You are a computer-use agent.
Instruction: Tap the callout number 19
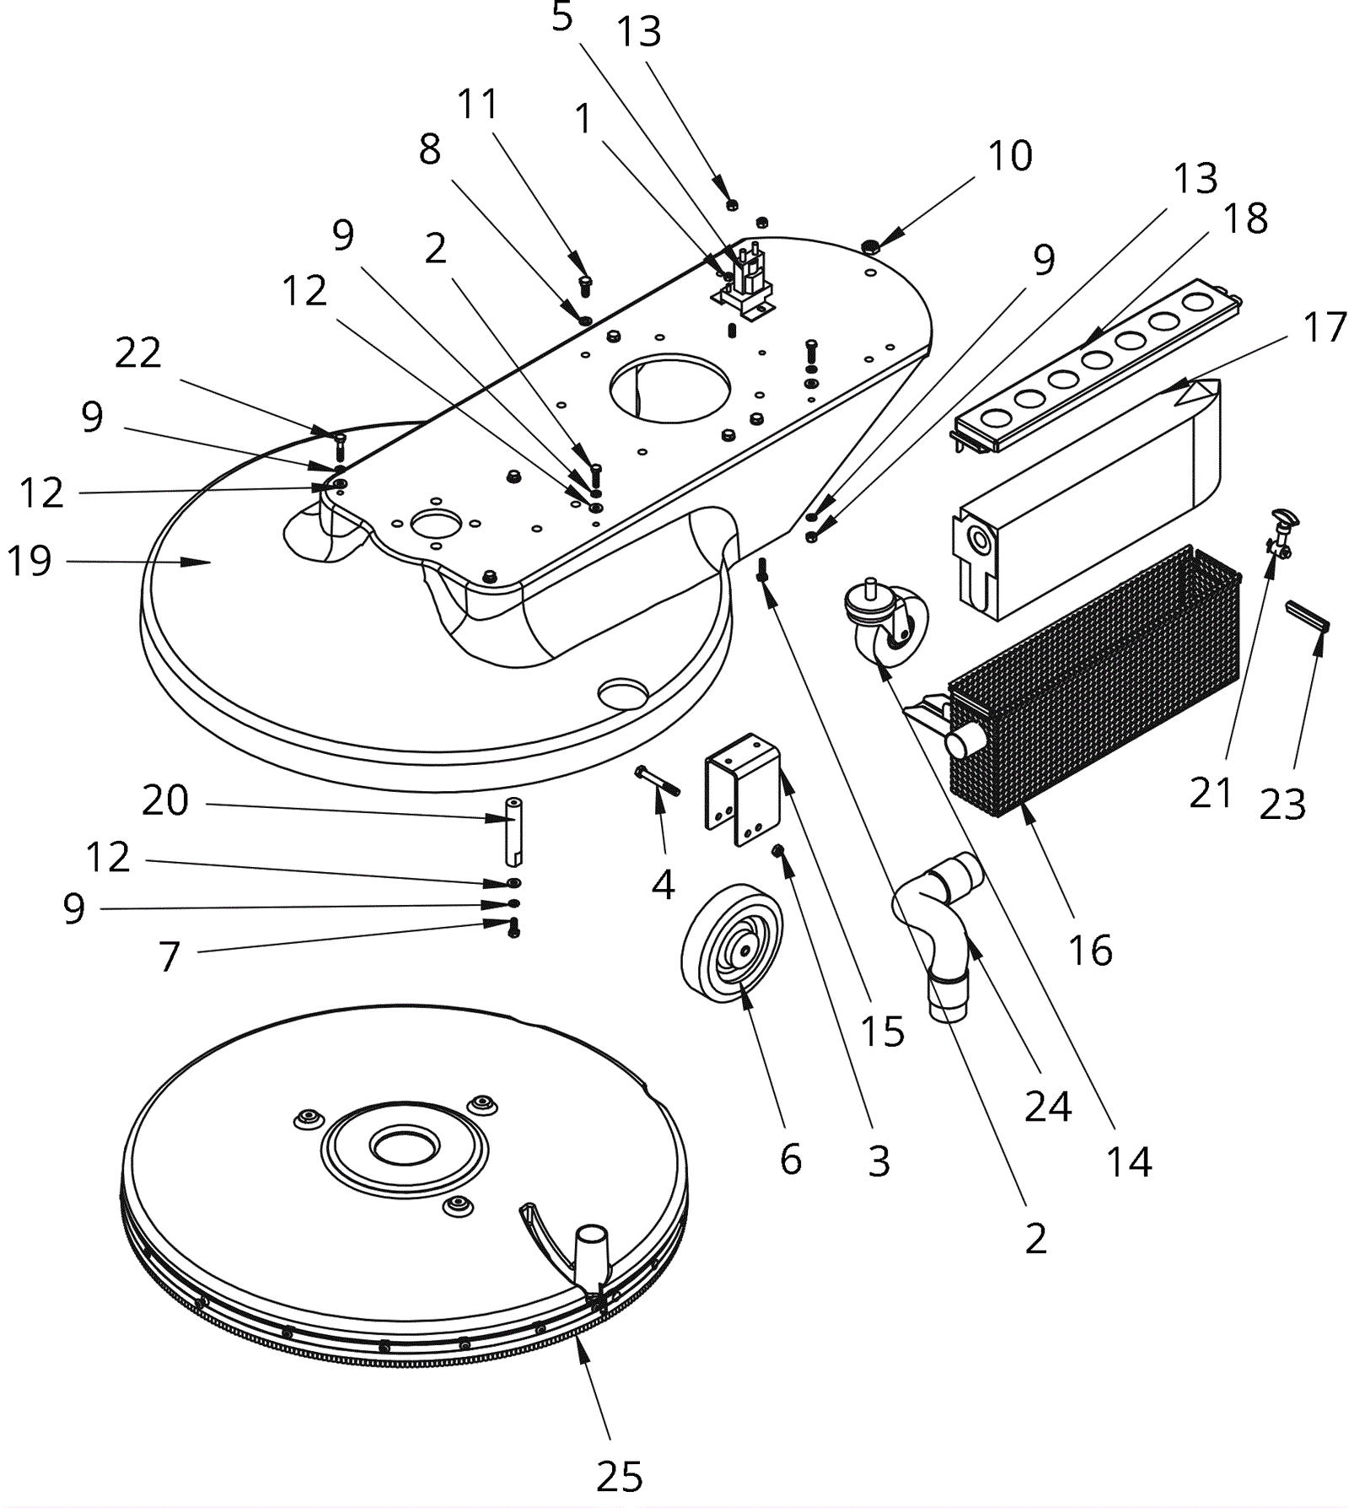click(x=30, y=561)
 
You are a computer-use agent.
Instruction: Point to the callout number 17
click(x=1325, y=327)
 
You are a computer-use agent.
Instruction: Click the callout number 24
click(x=1048, y=1105)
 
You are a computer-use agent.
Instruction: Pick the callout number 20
click(x=164, y=800)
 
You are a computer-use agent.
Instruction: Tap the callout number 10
click(x=1010, y=156)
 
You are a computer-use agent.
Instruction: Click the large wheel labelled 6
click(x=732, y=943)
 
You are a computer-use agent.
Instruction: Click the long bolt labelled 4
click(x=658, y=780)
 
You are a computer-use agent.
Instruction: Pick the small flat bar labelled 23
click(x=1307, y=615)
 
